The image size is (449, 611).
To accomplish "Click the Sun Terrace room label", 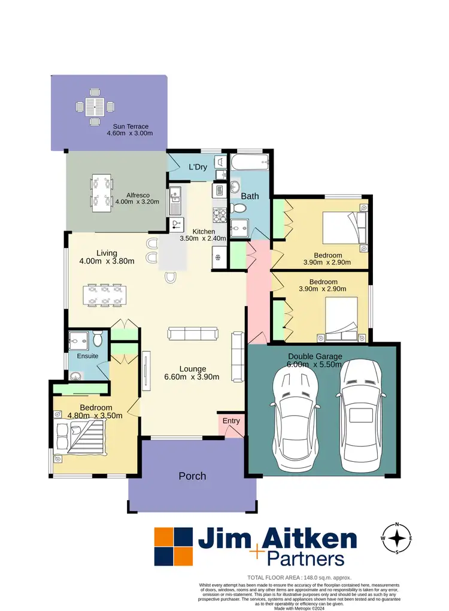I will (x=131, y=126).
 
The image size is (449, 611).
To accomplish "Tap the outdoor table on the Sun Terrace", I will (x=94, y=108).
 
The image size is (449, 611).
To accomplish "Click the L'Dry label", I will (x=198, y=167).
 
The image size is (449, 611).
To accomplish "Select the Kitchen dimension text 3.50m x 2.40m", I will (x=204, y=238).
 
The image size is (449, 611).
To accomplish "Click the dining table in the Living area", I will (x=105, y=295).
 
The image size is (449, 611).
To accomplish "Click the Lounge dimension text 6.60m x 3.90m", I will (x=192, y=377).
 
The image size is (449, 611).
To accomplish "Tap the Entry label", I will (x=231, y=421).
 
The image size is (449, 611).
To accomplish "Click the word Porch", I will (x=192, y=476).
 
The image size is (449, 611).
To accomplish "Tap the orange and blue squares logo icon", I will (x=174, y=546).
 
